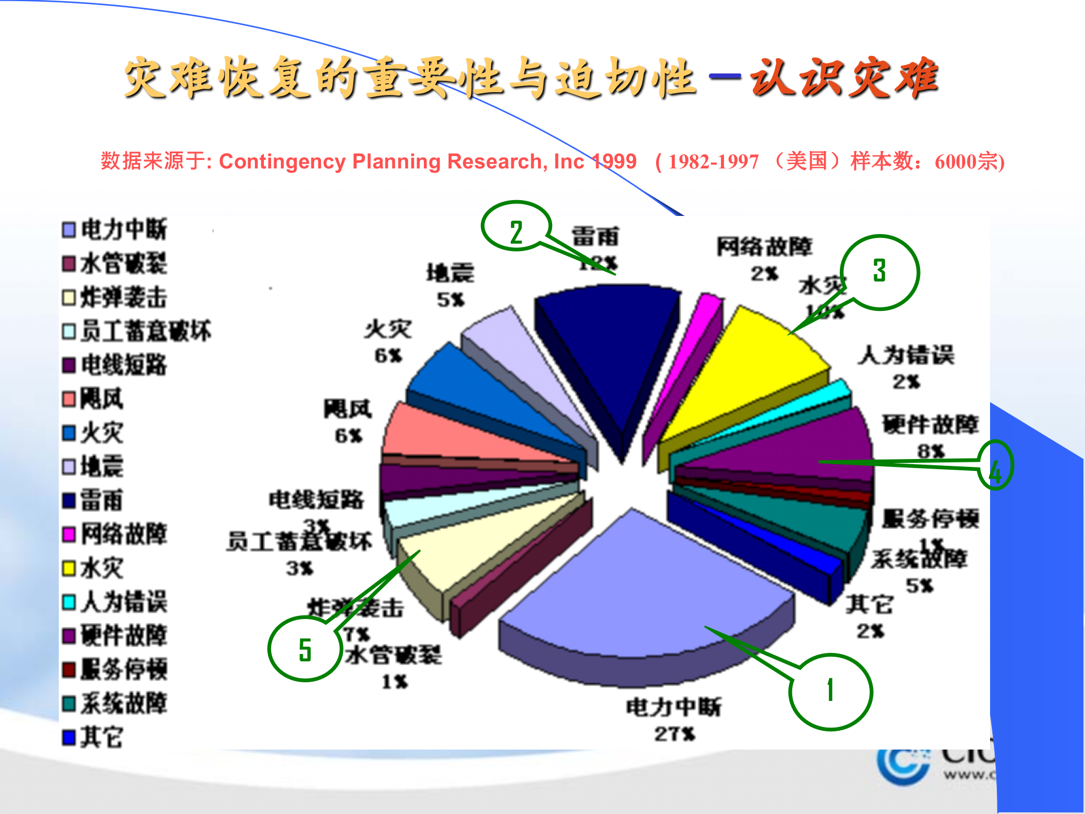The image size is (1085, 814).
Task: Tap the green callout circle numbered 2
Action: click(x=516, y=226)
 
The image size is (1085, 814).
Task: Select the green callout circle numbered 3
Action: click(x=879, y=272)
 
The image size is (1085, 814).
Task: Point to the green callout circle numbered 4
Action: click(x=995, y=465)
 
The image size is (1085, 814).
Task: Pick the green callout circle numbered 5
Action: click(x=305, y=648)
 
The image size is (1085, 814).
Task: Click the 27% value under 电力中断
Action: click(x=675, y=734)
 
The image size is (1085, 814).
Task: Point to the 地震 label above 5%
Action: click(x=450, y=274)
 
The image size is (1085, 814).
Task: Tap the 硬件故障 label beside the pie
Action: click(x=930, y=424)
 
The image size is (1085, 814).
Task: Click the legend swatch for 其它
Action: click(x=68, y=737)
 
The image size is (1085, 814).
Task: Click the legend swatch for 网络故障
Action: click(x=68, y=534)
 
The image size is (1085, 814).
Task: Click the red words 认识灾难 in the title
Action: click(x=844, y=78)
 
